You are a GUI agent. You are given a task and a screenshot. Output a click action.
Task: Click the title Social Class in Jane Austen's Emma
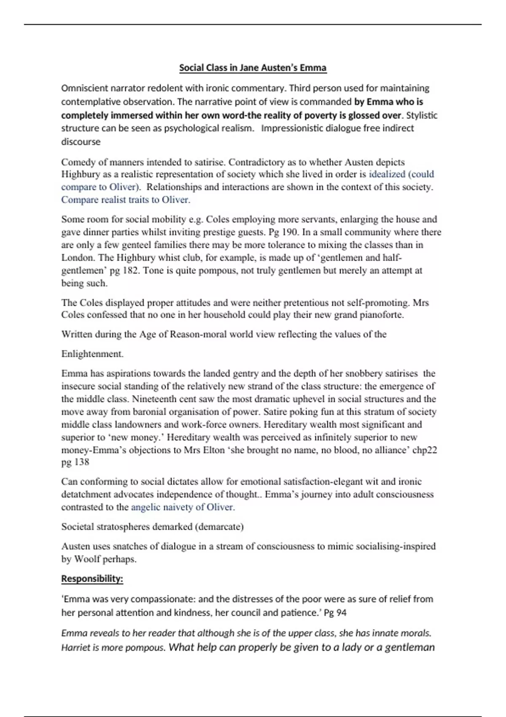pyautogui.click(x=253, y=67)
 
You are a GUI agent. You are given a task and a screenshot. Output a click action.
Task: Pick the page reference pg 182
pyautogui.click(x=122, y=270)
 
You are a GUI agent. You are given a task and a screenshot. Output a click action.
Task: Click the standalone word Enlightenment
pyautogui.click(x=92, y=354)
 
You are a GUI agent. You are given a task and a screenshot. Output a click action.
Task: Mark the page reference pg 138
pyautogui.click(x=75, y=462)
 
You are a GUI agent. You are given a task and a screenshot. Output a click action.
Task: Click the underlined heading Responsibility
pyautogui.click(x=92, y=579)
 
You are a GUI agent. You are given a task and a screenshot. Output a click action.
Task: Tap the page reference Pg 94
pyautogui.click(x=335, y=612)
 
